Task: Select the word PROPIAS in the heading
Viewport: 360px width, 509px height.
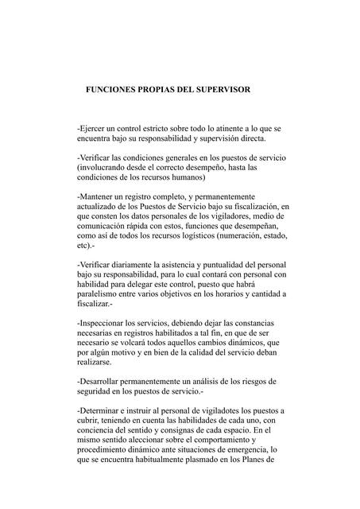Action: pyautogui.click(x=165, y=91)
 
